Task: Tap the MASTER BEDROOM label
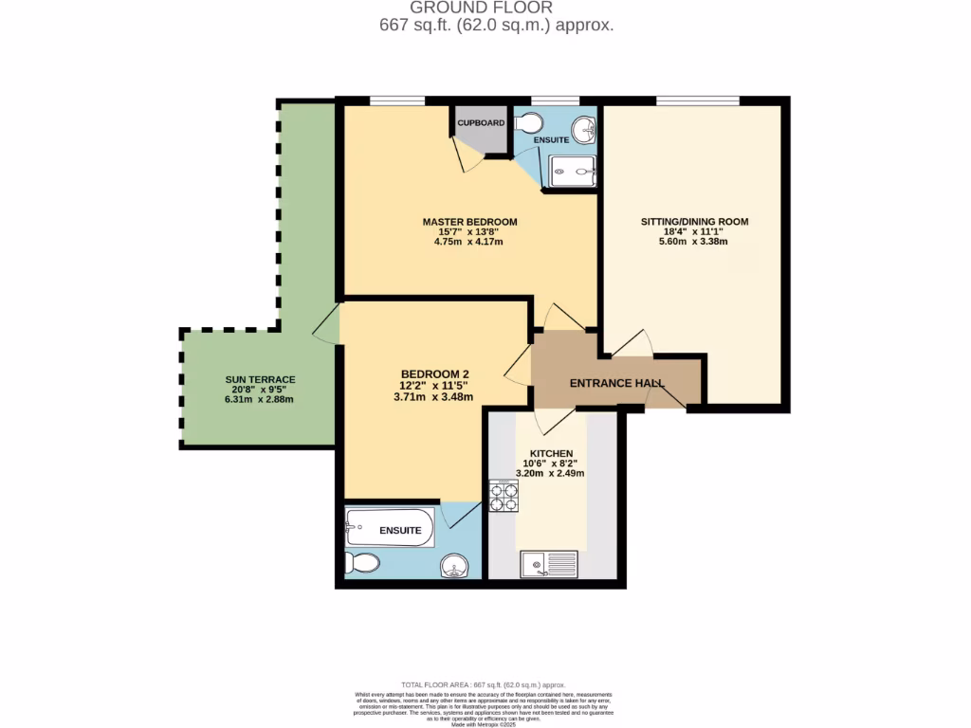click(469, 222)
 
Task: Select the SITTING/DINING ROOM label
click(694, 222)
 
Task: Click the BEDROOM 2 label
click(434, 373)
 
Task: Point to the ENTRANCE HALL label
click(616, 383)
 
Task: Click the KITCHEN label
click(549, 453)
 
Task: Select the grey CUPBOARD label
click(481, 123)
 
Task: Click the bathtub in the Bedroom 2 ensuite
click(390, 529)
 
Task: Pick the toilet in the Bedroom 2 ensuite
click(362, 563)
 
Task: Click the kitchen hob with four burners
click(504, 496)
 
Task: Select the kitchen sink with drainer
click(549, 566)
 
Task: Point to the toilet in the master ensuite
click(528, 122)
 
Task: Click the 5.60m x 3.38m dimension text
click(694, 242)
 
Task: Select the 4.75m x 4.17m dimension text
click(469, 242)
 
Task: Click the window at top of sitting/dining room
click(697, 100)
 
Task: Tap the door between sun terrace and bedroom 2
click(326, 324)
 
